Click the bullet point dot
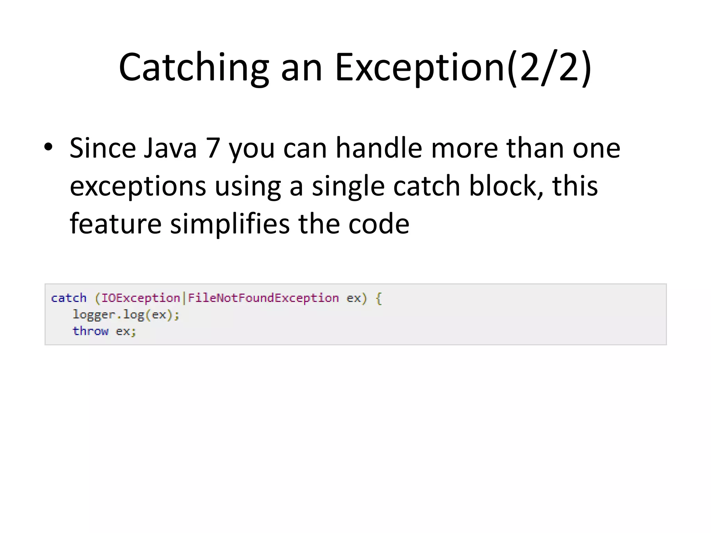pos(48,147)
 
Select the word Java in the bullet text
pos(170,148)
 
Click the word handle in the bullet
pos(379,148)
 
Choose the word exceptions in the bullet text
pos(138,186)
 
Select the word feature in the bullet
pos(116,224)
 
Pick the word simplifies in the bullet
pos(230,224)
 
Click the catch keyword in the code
pos(69,298)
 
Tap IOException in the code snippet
pos(141,298)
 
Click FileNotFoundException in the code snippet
pos(263,298)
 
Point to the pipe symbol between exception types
pos(184,298)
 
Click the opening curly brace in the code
pos(379,298)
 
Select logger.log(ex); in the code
pos(126,315)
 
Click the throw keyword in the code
pos(90,331)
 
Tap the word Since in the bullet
pos(102,148)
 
